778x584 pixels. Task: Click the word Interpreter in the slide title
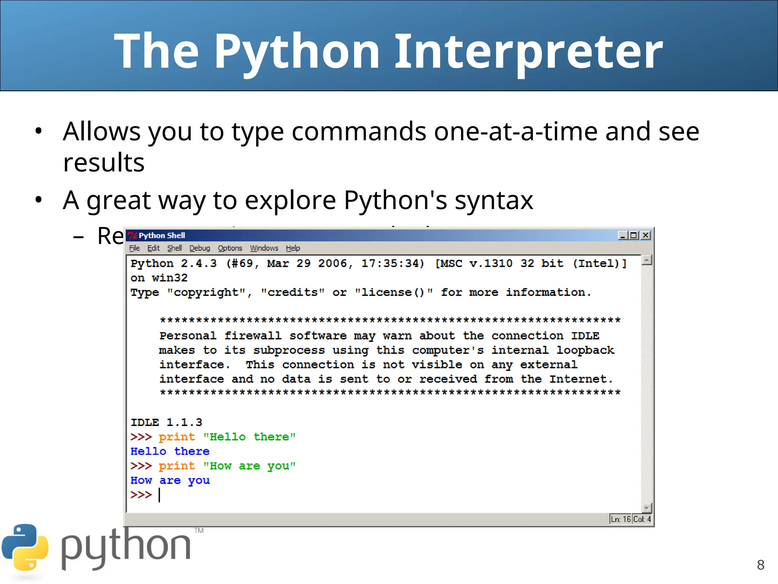click(529, 51)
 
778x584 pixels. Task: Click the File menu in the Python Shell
click(134, 248)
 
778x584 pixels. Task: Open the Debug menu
click(200, 248)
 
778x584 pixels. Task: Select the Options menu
click(230, 248)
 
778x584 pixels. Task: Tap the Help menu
click(293, 248)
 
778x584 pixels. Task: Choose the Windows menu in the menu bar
click(264, 248)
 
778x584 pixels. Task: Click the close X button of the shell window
click(645, 235)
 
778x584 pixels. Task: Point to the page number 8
click(761, 565)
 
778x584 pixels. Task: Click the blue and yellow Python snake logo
click(25, 547)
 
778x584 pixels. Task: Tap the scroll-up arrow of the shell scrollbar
click(647, 260)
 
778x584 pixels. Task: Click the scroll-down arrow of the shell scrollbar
click(647, 508)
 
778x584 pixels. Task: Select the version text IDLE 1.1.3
click(166, 422)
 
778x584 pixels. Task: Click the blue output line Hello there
click(170, 451)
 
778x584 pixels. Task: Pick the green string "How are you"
click(249, 466)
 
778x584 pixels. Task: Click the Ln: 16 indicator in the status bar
click(621, 519)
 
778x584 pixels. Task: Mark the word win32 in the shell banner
click(169, 278)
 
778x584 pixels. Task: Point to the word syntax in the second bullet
click(494, 200)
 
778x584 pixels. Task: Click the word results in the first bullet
click(104, 163)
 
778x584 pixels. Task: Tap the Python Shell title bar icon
click(132, 236)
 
